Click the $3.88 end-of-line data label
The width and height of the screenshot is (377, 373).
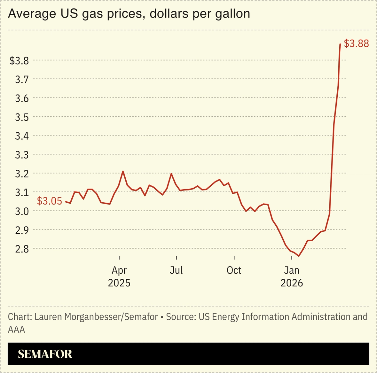coord(356,43)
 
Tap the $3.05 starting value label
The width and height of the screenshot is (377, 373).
coord(49,201)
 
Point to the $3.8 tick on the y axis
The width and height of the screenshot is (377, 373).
coord(19,61)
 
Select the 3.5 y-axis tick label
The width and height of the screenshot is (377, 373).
coord(22,117)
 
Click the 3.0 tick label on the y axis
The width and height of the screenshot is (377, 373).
coord(22,211)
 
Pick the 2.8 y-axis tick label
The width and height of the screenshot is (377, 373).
coord(22,249)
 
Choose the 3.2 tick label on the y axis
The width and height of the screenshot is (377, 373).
coord(22,174)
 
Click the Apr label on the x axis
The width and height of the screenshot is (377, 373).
coord(119,270)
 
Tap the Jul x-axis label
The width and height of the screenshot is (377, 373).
coord(176,270)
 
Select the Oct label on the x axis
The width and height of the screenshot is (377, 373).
coord(234,270)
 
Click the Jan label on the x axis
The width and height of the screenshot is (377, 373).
coord(291,270)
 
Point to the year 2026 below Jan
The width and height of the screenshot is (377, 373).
coord(292,283)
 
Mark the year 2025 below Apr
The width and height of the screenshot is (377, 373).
coord(119,283)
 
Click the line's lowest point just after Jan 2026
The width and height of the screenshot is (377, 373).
coord(298,256)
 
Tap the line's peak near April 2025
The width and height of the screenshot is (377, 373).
coord(123,171)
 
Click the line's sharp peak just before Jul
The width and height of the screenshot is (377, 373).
coord(171,174)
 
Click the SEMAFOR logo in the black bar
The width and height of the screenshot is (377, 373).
coord(45,354)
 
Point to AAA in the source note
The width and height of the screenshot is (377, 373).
coord(16,329)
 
